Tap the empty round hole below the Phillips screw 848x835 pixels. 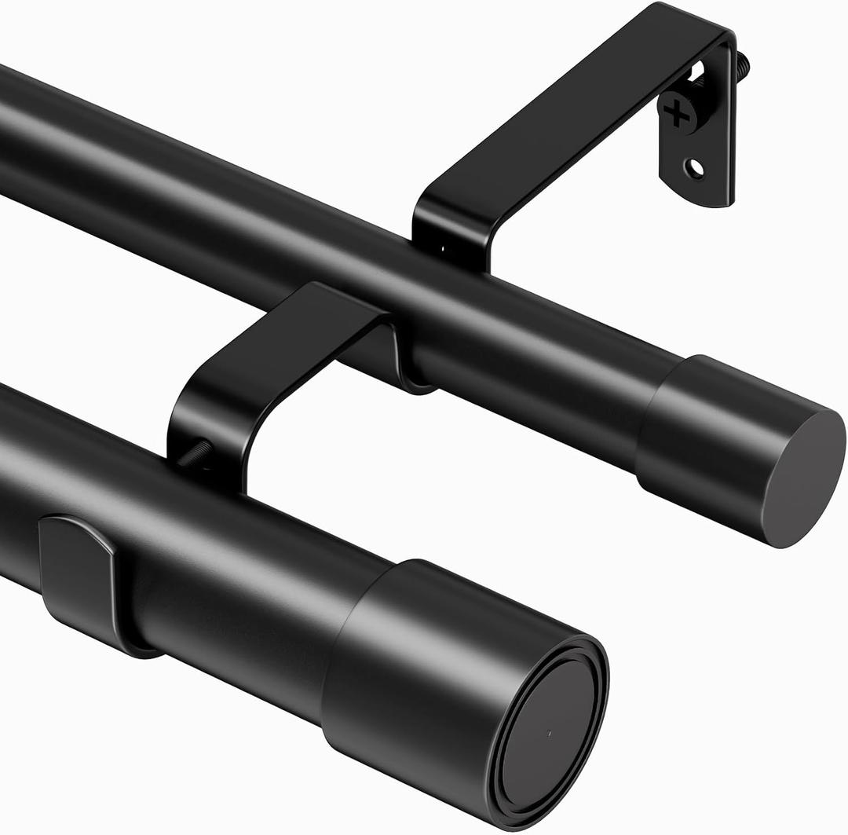point(694,167)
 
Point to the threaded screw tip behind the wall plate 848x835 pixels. point(743,62)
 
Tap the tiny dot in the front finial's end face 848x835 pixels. point(549,734)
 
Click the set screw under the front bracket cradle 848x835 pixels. point(195,455)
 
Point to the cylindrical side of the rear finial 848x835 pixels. point(707,440)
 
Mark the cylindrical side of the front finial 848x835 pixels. point(424,668)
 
